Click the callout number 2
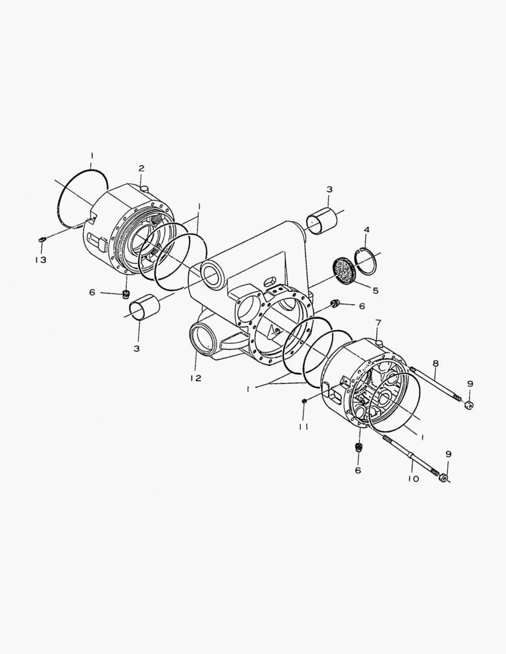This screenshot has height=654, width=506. pos(142,168)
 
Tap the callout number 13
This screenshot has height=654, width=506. pos(41,260)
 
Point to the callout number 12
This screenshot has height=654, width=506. pos(196,378)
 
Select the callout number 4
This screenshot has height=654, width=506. pos(367,230)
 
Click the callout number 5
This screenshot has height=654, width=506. pos(376,290)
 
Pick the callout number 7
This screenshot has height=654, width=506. pos(378,322)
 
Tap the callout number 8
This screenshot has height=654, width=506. pos(435,363)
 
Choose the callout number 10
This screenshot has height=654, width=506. pos(413,479)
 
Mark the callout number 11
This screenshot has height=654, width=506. pos(304,427)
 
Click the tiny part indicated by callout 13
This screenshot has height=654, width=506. pos(41,239)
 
